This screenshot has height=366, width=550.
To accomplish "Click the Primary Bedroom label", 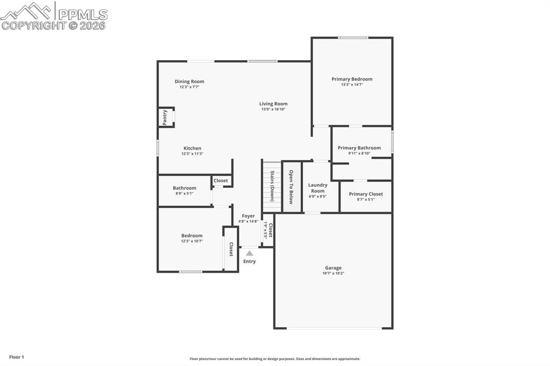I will pos(351,79).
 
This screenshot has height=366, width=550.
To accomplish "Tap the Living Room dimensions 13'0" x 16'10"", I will pos(273,109).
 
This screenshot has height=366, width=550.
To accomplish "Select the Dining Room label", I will pos(189,82).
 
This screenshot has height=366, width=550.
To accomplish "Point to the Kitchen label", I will pos(192,148).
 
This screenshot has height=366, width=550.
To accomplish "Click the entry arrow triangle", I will pos(249,253).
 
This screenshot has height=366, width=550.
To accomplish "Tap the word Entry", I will pos(249,261).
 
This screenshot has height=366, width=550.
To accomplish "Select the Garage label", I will pos(333,268).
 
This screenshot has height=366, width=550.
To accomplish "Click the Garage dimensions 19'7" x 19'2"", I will pos(333,273).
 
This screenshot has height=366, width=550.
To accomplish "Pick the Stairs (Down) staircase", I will pos(272,186).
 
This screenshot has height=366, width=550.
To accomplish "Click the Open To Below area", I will pos(291,187).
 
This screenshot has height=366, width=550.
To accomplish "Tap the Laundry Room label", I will pos(317,188).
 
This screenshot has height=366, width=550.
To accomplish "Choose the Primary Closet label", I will pos(366,194).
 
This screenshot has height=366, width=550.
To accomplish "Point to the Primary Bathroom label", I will pos(359,148).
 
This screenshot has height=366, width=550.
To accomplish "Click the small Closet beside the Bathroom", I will pos(221,181).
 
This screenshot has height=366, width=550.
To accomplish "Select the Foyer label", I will pos(248,216).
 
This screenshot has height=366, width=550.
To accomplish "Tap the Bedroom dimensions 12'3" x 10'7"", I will pos(192,241).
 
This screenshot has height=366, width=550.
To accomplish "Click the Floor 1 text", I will pos(16,357).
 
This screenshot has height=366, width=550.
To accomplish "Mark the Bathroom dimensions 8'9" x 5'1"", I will pos(184,193).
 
